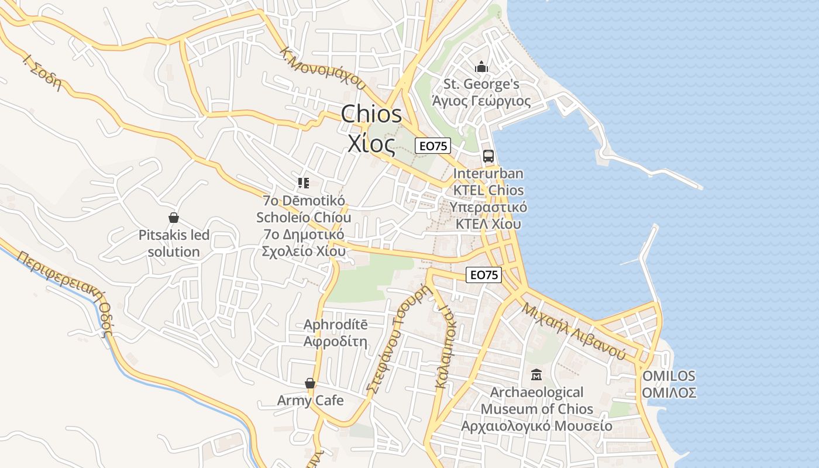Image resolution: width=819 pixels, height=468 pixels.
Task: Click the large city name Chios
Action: (x=371, y=114)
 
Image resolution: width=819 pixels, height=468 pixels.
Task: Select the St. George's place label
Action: (x=481, y=84)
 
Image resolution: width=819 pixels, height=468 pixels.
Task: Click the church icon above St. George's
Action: (x=481, y=67)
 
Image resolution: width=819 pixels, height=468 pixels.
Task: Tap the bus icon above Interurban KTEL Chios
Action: (x=488, y=156)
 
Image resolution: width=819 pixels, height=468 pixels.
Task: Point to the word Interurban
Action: (x=488, y=174)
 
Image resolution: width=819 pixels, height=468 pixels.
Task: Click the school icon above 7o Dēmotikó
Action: (x=303, y=183)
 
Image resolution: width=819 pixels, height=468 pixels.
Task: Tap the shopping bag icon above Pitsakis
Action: (x=173, y=218)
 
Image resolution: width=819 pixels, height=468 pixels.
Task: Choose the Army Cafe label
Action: (x=310, y=401)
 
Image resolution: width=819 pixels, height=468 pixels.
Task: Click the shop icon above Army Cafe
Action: (x=310, y=383)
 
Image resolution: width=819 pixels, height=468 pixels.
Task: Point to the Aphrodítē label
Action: (x=335, y=325)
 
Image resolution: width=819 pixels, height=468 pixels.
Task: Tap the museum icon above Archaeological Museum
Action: (x=536, y=374)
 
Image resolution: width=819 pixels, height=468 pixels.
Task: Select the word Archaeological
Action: (x=536, y=392)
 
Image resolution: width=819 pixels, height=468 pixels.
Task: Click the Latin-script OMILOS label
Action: (x=669, y=376)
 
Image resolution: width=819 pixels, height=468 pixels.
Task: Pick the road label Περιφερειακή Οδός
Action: (x=65, y=293)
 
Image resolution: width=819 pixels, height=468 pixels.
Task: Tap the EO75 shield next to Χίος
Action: (x=433, y=146)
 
